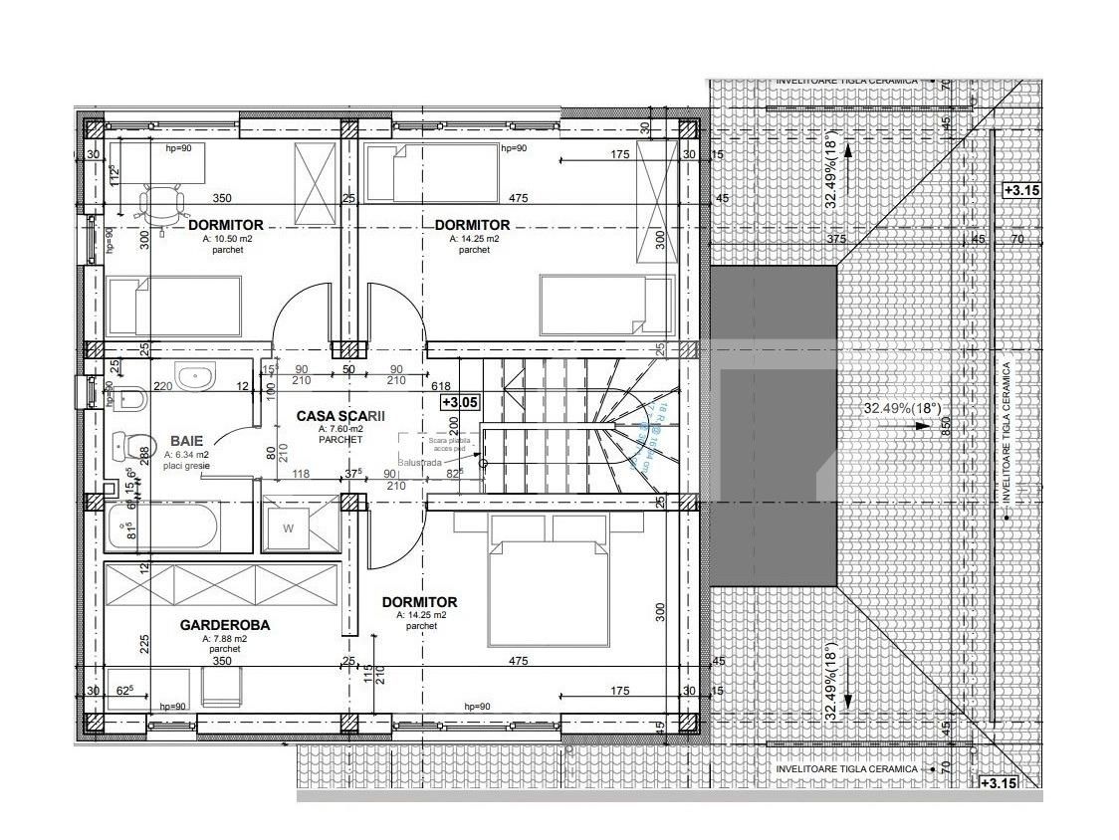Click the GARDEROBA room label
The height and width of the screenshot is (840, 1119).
225,625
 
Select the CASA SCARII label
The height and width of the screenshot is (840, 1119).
340,416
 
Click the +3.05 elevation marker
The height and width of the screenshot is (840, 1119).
461,402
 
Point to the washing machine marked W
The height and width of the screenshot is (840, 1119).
288,527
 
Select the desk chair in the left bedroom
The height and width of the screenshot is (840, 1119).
162,206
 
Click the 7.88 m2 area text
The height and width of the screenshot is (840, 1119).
224,639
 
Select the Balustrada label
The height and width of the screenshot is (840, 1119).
418,463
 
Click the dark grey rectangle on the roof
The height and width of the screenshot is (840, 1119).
773,425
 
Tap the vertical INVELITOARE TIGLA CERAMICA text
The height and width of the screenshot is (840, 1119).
1007,432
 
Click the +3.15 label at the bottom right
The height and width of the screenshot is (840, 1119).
999,783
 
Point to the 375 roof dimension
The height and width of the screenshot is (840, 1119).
836,239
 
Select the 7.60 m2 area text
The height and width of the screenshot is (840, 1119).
339,429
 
